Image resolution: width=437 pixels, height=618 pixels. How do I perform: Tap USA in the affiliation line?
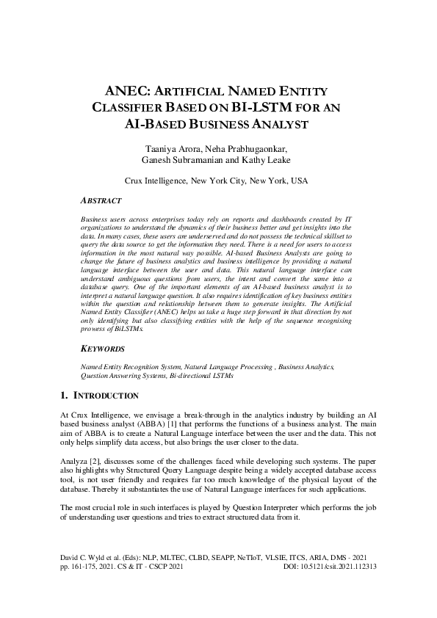click(x=298, y=180)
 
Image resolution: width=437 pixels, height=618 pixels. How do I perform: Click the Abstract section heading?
click(x=101, y=200)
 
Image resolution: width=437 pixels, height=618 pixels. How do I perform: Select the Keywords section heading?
click(x=101, y=349)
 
